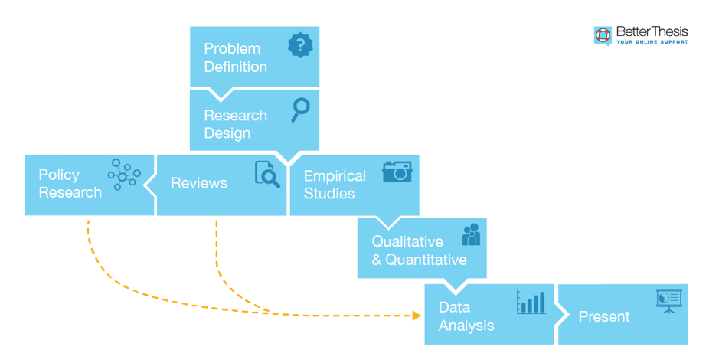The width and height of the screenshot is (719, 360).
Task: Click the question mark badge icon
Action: coord(300,45)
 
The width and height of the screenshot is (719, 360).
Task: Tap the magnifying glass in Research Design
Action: coord(300,109)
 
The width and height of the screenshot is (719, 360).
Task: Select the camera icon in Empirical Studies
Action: coord(397,171)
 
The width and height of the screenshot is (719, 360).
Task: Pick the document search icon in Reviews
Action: coord(267,175)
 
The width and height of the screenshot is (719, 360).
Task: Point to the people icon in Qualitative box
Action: coord(471,234)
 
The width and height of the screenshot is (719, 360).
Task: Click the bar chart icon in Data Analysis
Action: coord(531,302)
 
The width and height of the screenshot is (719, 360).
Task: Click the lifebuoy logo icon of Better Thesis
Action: coord(603,35)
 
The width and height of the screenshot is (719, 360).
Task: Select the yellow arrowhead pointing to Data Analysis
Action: coord(417,315)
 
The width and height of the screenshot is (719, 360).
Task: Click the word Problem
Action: coord(232,49)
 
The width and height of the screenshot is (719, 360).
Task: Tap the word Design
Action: coord(227,133)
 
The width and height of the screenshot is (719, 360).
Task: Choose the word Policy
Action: coord(59,175)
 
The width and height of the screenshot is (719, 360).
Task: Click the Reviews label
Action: coord(199,183)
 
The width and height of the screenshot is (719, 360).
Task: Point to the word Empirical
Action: coord(335,176)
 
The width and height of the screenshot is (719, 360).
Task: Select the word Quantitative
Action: coord(426,260)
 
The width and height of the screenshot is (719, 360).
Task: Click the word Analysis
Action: coord(466,326)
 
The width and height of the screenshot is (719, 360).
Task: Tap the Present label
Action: coord(604,316)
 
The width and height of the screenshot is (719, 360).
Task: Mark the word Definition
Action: coord(235,67)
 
